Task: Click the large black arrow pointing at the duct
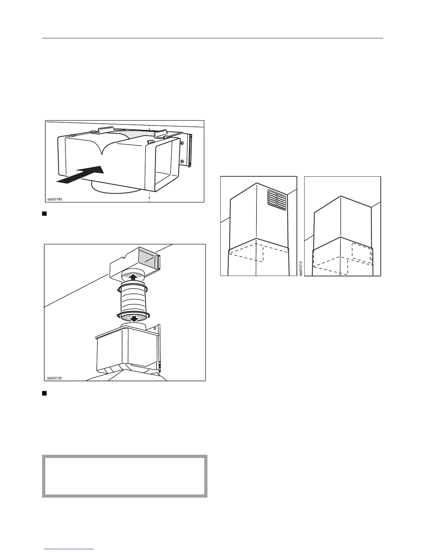[x=82, y=174]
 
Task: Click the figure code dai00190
[x=55, y=199]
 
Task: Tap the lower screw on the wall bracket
[x=182, y=161]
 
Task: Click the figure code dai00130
[x=55, y=378]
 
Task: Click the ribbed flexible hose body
[x=134, y=298]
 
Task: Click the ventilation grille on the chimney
[x=277, y=201]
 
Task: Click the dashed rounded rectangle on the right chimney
[x=361, y=251]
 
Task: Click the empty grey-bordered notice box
[x=125, y=476]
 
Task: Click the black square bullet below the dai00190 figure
[x=45, y=214]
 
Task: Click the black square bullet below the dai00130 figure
[x=45, y=393]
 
